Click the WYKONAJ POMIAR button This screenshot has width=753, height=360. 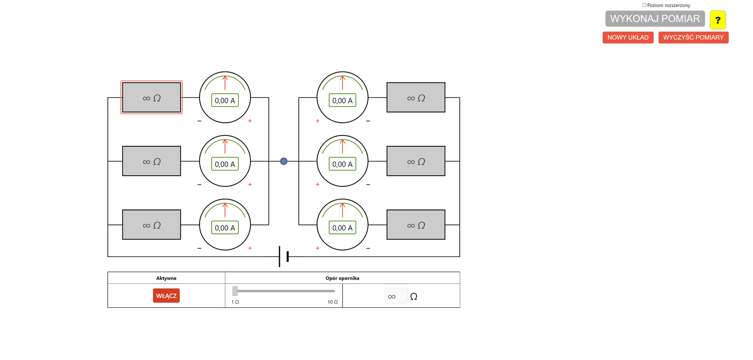tap(655, 19)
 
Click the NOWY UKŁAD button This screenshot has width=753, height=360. tap(628, 38)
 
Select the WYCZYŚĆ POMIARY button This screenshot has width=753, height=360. tap(693, 38)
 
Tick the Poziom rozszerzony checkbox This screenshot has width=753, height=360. tap(644, 5)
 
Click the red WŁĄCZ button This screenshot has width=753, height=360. tap(166, 296)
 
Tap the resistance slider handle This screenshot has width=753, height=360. tap(235, 291)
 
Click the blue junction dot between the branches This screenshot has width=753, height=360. tap(284, 161)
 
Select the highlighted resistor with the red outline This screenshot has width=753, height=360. tap(152, 97)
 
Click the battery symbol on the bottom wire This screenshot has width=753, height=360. tap(283, 256)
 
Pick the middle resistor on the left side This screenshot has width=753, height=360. tap(152, 161)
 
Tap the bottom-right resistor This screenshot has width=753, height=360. tap(416, 224)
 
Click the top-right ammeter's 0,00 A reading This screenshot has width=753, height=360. tap(342, 100)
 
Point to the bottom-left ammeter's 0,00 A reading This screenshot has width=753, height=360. tap(225, 228)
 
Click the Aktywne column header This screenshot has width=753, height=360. tap(166, 278)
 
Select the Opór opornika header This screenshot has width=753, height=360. tap(342, 278)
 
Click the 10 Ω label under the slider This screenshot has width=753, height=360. tap(332, 302)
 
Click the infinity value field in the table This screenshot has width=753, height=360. tap(396, 296)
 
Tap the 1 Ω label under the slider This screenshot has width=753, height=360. tap(235, 302)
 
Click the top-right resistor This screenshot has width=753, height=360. tap(416, 97)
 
